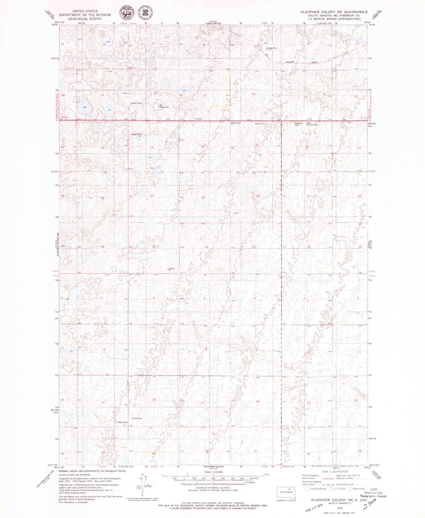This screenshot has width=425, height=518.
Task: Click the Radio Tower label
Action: pyautogui.click(x=136, y=103)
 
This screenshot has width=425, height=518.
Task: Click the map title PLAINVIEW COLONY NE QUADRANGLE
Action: pyautogui.click(x=334, y=12)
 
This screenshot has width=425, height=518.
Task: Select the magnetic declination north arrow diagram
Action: pyautogui.click(x=144, y=485)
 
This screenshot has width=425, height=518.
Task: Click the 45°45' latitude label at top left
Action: pyautogui.click(x=55, y=25)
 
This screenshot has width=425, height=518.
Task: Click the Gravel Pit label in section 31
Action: pyautogui.click(x=171, y=269)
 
